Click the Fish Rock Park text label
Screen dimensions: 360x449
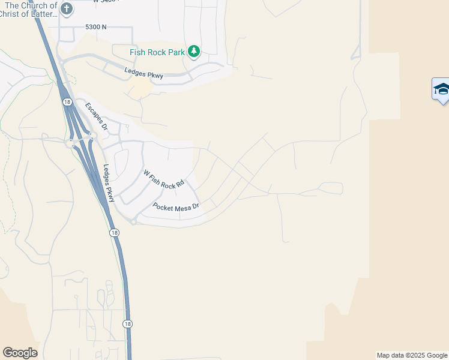[157, 52]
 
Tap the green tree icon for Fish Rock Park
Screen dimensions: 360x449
[193, 52]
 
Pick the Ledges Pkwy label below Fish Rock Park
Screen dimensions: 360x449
[143, 74]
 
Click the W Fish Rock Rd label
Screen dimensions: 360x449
[163, 179]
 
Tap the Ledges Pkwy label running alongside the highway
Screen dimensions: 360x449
[109, 183]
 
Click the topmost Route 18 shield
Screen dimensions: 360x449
[67, 103]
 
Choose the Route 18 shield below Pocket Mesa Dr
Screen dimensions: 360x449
[114, 232]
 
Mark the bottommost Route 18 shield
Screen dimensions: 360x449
[127, 323]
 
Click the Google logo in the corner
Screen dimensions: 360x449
[20, 353]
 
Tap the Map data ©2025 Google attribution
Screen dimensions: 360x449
[412, 355]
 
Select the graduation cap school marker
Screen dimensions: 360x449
[442, 89]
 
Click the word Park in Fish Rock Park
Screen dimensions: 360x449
[176, 52]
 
